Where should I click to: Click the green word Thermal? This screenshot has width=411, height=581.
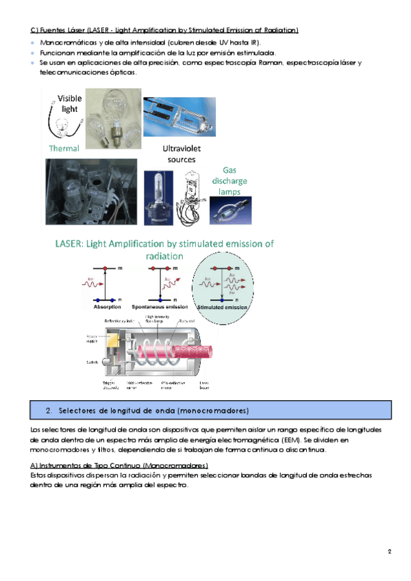(x=64, y=148)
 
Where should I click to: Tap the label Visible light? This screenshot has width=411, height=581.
(x=69, y=103)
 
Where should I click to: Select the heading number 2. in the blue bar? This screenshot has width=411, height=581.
(x=49, y=410)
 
